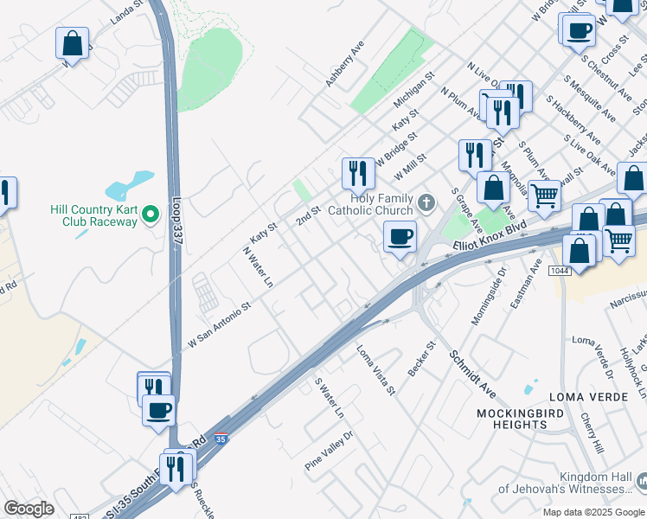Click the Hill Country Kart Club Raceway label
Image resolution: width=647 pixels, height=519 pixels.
(x=93, y=215)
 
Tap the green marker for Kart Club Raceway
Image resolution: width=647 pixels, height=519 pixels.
(x=151, y=214)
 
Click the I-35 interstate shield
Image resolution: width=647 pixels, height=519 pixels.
(x=222, y=441)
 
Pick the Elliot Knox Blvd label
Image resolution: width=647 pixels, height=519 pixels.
(x=490, y=241)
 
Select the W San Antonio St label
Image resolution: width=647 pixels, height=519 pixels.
(x=220, y=324)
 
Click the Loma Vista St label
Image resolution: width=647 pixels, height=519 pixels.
(x=376, y=369)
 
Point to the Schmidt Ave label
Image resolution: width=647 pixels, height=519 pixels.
(x=469, y=368)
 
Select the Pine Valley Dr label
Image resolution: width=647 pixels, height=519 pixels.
(x=330, y=451)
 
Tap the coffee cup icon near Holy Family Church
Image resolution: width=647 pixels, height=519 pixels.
(x=400, y=236)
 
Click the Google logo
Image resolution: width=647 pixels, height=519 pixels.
(x=29, y=509)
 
